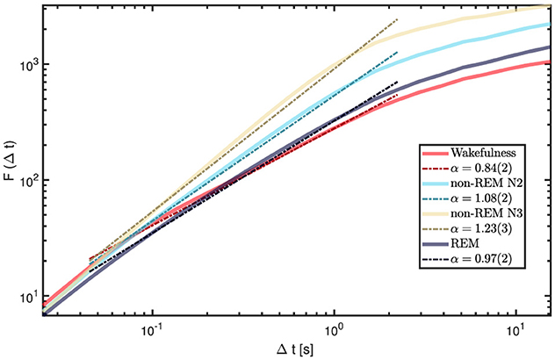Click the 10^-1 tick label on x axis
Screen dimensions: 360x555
point(154,328)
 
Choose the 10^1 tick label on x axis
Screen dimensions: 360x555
point(511,328)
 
